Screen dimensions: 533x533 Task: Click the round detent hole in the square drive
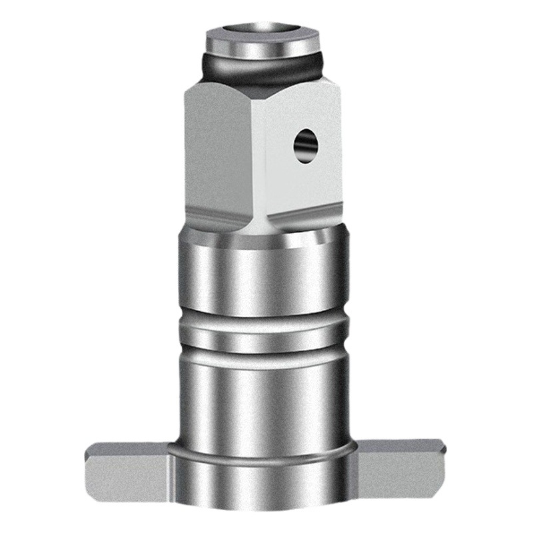click(x=306, y=145)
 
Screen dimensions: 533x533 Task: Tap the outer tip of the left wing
click(x=90, y=466)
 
